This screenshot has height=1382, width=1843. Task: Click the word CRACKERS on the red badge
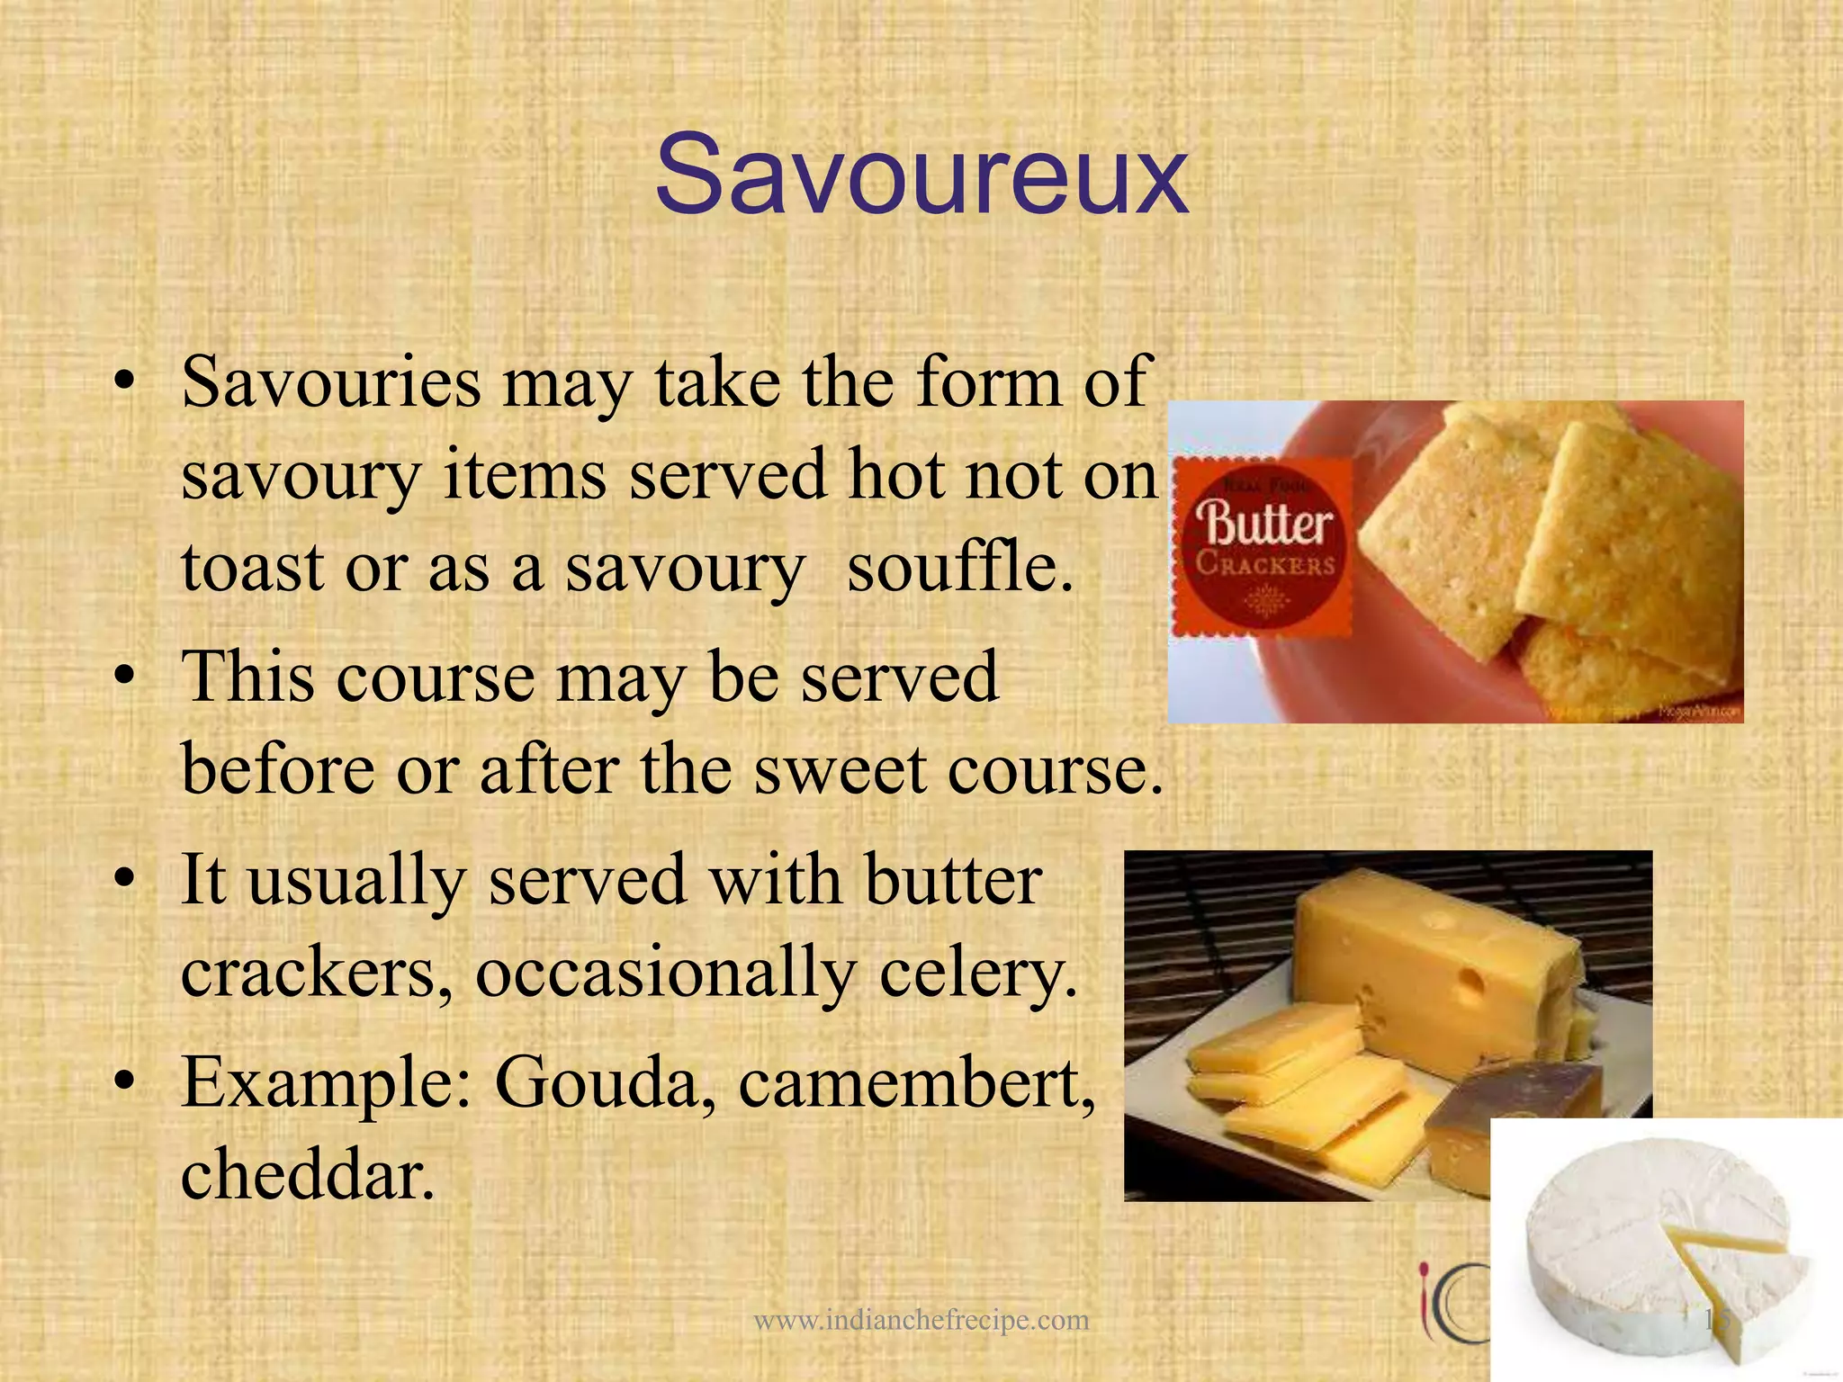tap(1264, 565)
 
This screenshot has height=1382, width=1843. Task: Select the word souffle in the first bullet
tap(960, 569)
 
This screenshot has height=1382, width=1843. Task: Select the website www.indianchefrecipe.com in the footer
tap(921, 1320)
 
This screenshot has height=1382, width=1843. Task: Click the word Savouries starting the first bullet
tap(330, 382)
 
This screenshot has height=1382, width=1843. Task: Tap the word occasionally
tap(665, 974)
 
